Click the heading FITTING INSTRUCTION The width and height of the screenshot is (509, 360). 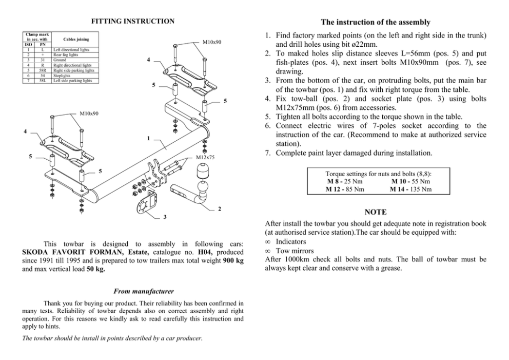[132, 22]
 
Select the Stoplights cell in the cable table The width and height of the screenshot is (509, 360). [63, 76]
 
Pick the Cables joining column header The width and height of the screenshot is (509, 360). [75, 39]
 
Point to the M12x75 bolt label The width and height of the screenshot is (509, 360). [205, 157]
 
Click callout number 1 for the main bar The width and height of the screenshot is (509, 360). [148, 139]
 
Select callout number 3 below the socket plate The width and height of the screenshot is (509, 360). [165, 217]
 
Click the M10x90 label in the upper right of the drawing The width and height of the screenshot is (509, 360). [212, 42]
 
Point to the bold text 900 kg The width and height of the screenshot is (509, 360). [233, 261]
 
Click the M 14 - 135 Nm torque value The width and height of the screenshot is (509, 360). [410, 189]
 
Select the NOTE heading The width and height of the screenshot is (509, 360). [375, 212]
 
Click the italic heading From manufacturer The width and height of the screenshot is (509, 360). [132, 291]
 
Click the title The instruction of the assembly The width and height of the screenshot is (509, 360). [375, 22]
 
